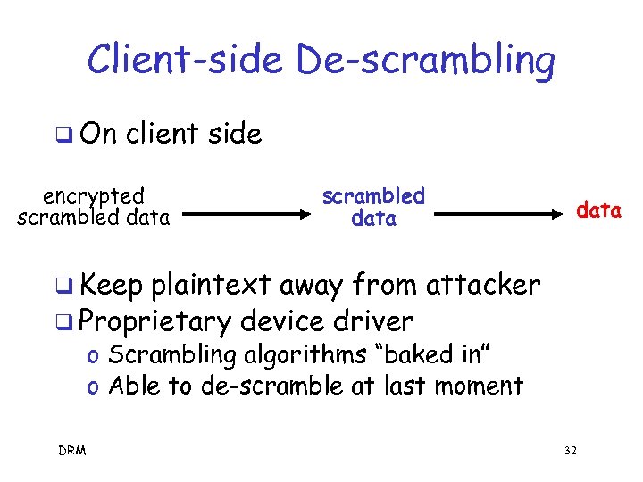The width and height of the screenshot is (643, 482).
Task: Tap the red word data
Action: click(x=598, y=211)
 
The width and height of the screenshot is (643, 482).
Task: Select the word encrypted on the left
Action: click(x=94, y=196)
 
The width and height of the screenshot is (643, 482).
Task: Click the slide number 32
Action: click(x=571, y=451)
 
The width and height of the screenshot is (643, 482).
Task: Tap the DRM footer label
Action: click(x=72, y=451)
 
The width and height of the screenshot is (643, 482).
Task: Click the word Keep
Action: click(x=112, y=285)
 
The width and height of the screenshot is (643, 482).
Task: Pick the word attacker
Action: click(x=483, y=285)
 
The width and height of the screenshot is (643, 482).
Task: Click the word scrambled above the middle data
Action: click(x=373, y=195)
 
